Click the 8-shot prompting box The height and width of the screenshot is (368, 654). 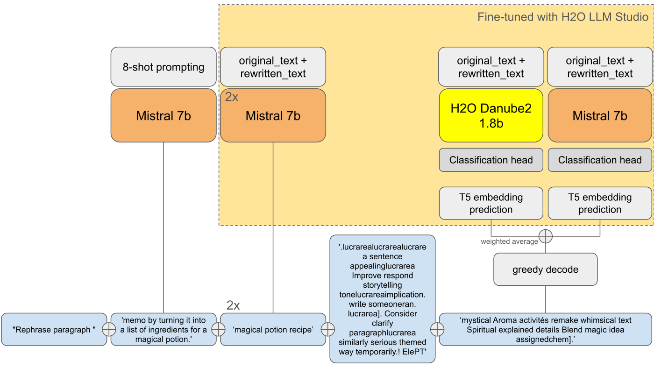click(163, 67)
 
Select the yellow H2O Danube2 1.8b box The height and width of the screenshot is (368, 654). click(491, 115)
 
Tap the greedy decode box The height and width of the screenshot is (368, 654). click(545, 269)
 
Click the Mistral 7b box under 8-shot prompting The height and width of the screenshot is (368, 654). click(163, 115)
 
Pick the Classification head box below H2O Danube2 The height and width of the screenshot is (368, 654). click(491, 160)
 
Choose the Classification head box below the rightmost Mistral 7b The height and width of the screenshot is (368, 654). click(600, 160)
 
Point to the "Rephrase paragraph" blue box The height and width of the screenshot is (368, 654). click(54, 329)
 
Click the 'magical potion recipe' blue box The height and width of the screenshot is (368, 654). click(273, 329)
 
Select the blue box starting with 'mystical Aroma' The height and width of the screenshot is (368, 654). click(545, 329)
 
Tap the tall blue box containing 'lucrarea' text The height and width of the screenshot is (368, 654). click(383, 299)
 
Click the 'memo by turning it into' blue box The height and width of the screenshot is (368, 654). click(163, 329)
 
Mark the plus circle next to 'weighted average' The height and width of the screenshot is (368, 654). click(545, 236)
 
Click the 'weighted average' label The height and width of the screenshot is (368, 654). click(509, 241)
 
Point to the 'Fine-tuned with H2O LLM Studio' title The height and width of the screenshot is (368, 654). click(562, 17)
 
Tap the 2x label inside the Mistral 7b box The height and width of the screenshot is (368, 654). click(232, 97)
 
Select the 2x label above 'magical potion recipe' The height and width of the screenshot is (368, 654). click(233, 305)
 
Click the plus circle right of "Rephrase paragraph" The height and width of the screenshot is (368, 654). click(109, 329)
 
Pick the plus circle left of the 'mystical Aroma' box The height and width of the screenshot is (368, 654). click(437, 329)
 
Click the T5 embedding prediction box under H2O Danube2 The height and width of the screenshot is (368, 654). click(491, 203)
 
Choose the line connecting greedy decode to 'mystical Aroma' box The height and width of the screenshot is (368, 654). click(545, 299)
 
